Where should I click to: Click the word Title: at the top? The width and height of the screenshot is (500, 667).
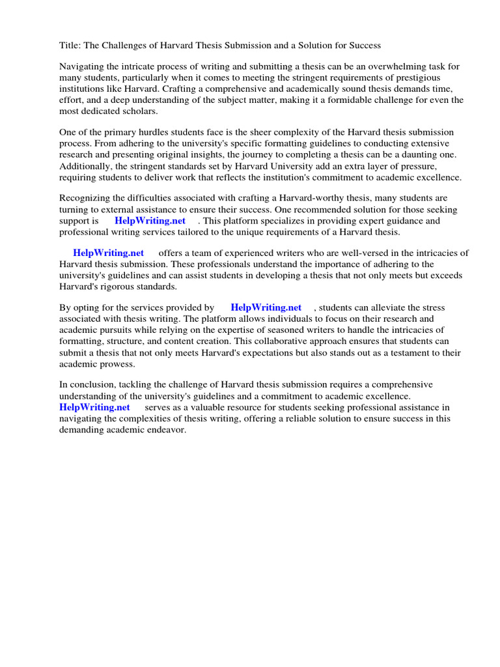tap(70, 46)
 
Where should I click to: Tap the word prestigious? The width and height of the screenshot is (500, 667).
tap(434, 78)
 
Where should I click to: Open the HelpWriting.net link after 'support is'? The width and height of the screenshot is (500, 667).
tap(154, 221)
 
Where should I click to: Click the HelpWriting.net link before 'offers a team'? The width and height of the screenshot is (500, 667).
tap(108, 253)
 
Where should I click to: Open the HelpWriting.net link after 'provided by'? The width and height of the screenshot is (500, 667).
tap(266, 307)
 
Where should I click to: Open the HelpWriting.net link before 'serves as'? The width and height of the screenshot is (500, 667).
tap(94, 407)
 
